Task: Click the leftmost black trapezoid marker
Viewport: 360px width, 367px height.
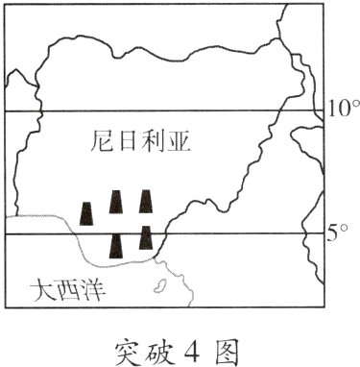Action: click(87, 213)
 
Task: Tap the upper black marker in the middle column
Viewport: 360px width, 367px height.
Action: click(116, 202)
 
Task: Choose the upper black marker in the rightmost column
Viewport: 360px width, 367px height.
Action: click(147, 202)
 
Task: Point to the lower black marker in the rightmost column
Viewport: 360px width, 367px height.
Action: click(146, 236)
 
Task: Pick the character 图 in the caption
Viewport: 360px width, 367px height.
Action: click(229, 345)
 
